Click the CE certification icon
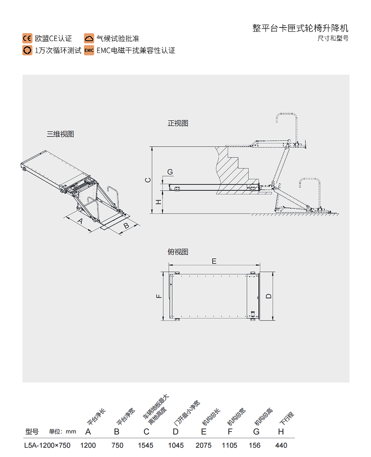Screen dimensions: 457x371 tap(27, 39)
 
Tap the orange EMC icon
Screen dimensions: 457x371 tap(89, 50)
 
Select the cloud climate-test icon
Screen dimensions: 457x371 tap(89, 39)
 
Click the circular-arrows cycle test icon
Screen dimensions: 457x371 tap(27, 50)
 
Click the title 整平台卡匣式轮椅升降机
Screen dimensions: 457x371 tap(301, 28)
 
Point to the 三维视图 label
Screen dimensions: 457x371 tap(60, 134)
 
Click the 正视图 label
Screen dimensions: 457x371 tap(178, 123)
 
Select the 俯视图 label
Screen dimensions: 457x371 tap(178, 252)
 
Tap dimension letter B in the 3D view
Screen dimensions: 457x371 tap(126, 225)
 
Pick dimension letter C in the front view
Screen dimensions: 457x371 tap(148, 180)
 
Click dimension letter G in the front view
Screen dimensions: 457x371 tap(170, 172)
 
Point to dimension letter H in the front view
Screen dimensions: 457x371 tap(158, 202)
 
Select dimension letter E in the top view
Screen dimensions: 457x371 tap(214, 261)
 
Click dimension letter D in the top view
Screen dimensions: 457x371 tap(269, 296)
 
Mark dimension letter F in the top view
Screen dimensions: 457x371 tap(158, 296)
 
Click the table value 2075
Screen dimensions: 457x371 tap(204, 445)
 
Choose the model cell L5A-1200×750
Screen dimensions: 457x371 tap(47, 445)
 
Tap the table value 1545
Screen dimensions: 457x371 tap(145, 445)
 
